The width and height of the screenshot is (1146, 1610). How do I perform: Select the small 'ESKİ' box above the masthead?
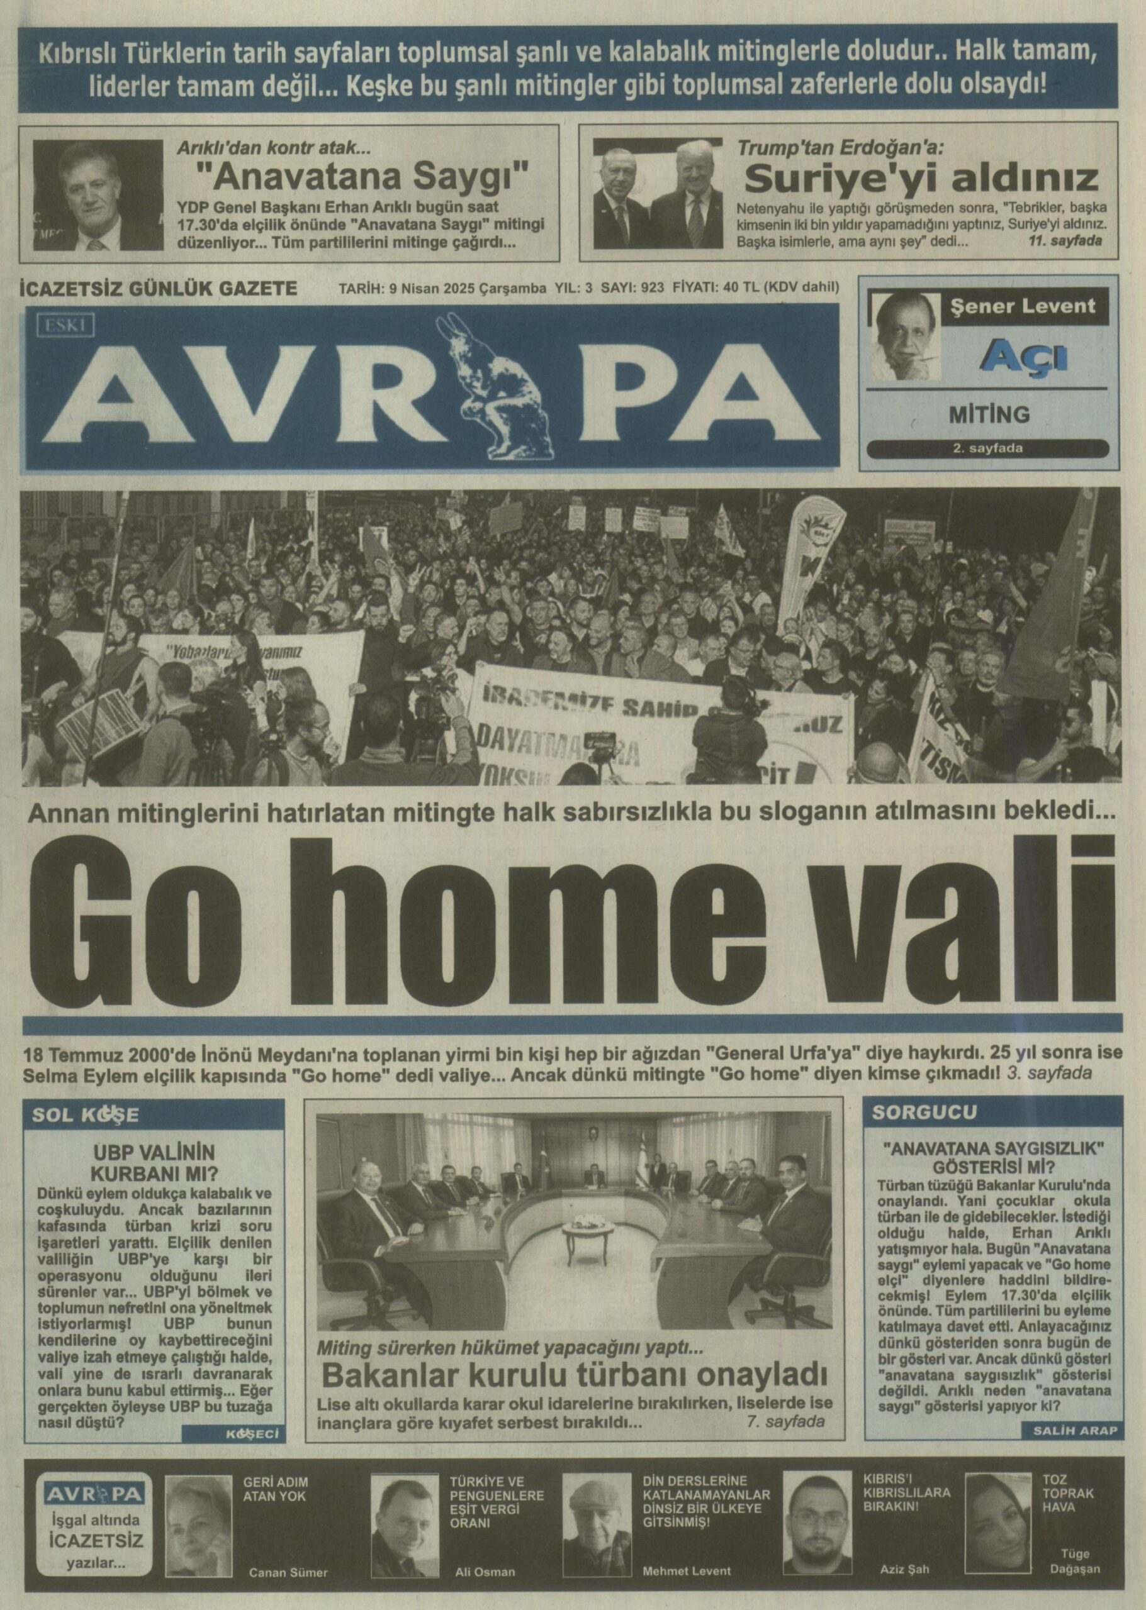tap(65, 325)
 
